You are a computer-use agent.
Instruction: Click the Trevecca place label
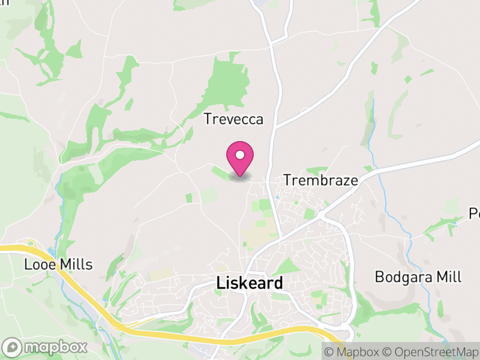point(233,119)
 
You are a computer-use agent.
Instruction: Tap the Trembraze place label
point(320,180)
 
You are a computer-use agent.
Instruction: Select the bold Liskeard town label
point(249,283)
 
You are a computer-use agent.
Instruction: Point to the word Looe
point(38,264)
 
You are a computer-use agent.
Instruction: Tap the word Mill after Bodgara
point(449,277)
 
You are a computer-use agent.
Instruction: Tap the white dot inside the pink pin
point(240,154)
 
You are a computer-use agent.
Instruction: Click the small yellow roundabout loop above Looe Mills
point(30,244)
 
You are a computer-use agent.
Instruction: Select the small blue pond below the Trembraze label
point(277,197)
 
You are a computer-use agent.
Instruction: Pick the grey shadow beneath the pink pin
point(240,177)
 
